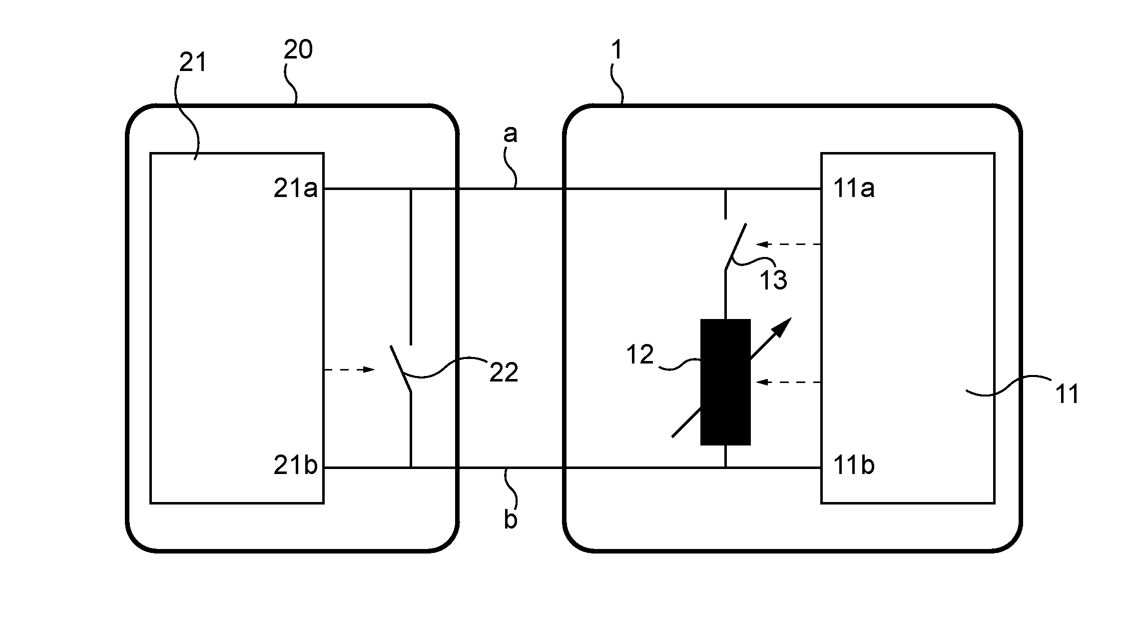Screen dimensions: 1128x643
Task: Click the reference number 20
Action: click(298, 50)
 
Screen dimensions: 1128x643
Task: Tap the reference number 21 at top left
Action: click(193, 63)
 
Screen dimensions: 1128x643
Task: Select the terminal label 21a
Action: click(295, 189)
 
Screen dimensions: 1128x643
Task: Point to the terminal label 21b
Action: click(295, 465)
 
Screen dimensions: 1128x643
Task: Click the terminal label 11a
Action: click(854, 189)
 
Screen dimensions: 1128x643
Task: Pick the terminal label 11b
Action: click(854, 465)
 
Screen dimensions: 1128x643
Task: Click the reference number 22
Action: click(504, 372)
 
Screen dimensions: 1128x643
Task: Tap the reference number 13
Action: click(773, 280)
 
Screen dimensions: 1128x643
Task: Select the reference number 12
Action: click(640, 354)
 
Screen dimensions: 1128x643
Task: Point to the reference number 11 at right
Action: click(1067, 394)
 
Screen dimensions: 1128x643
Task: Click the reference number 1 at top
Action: click(617, 50)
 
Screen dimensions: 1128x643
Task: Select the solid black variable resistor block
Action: click(725, 382)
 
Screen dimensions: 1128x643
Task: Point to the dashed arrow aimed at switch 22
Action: click(349, 369)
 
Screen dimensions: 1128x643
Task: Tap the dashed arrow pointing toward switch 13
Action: click(789, 244)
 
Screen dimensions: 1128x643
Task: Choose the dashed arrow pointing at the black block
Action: click(789, 382)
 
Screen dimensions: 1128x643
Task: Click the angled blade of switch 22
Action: click(401, 369)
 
